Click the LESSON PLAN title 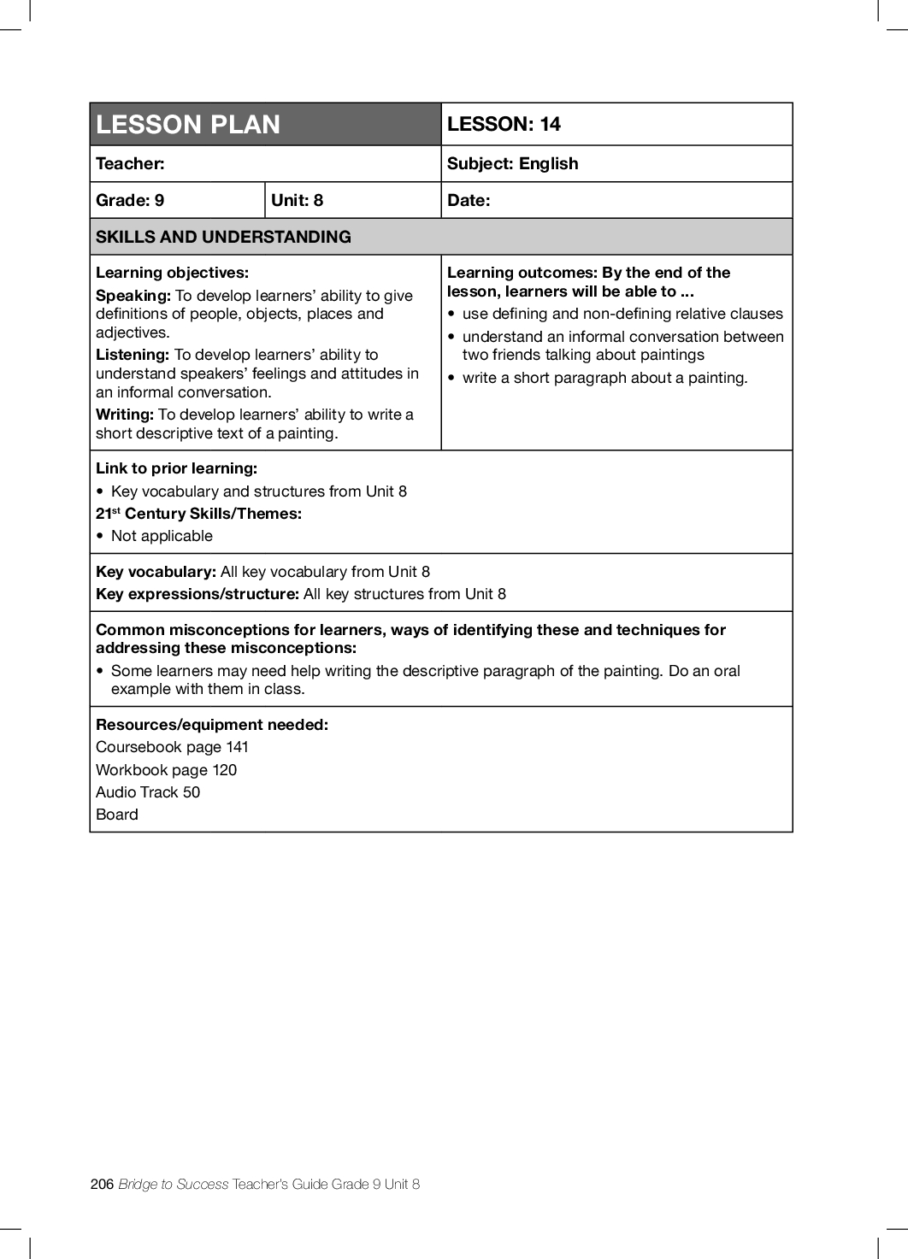(x=188, y=125)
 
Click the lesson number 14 (x=550, y=125)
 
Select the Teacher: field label (x=130, y=164)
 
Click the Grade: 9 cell (x=130, y=201)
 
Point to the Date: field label (x=469, y=201)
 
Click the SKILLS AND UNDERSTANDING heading (x=223, y=238)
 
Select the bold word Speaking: (x=133, y=296)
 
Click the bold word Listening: (x=133, y=355)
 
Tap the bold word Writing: (x=125, y=415)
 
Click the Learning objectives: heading (x=172, y=273)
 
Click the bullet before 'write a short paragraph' (x=451, y=379)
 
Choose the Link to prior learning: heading (x=176, y=468)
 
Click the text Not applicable (x=162, y=536)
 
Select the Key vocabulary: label (x=156, y=572)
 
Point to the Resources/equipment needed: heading (x=212, y=725)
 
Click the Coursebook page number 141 (x=237, y=747)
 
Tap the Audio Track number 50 (x=192, y=792)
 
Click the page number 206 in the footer (x=102, y=1184)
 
